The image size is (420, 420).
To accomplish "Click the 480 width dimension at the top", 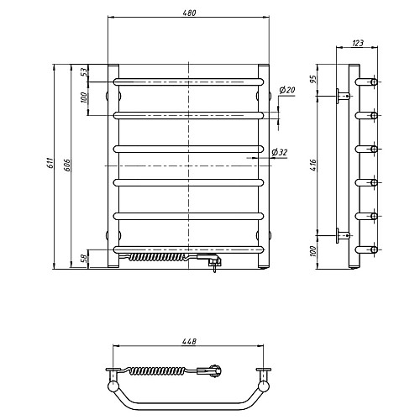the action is [189, 13].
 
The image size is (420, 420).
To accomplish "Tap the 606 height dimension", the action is [67, 165].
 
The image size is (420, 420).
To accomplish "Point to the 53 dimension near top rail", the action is [84, 72].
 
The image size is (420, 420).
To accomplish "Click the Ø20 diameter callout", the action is [287, 90].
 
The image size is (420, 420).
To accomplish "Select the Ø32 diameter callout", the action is [280, 153].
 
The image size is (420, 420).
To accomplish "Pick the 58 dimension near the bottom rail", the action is [84, 259].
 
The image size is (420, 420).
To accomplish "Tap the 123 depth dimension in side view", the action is [358, 43].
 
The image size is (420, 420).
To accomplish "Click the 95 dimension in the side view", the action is [313, 79].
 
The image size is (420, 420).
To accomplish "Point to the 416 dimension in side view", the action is [313, 165].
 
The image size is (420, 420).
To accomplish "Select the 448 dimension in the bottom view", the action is [189, 342].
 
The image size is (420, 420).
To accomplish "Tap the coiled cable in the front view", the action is [157, 257].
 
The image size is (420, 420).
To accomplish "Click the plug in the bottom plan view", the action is [209, 371].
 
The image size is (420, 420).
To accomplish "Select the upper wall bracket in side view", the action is [343, 96].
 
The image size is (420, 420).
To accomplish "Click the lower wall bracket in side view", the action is [343, 235].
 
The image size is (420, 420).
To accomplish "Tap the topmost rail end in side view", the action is [366, 82].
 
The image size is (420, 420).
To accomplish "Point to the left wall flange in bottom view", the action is [113, 370].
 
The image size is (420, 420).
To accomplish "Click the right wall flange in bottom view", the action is [264, 370].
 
